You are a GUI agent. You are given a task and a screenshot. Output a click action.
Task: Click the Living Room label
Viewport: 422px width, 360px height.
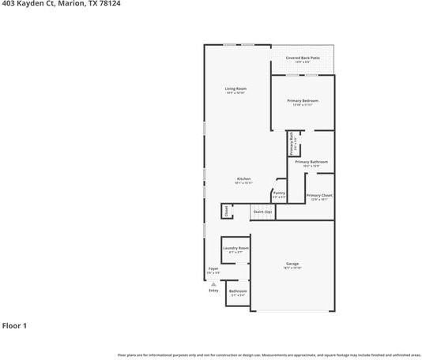235,88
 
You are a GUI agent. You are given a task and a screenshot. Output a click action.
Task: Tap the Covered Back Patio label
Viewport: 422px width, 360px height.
303,58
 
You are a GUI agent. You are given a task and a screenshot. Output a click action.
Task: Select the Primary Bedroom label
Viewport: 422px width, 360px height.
303,100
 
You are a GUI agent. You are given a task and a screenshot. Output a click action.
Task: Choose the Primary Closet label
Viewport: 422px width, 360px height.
319,195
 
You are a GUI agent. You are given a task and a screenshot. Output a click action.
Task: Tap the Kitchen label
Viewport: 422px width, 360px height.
243,178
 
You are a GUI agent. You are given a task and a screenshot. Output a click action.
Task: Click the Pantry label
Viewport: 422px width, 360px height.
279,192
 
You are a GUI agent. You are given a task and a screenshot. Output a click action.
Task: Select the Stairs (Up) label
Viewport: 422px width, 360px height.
262,212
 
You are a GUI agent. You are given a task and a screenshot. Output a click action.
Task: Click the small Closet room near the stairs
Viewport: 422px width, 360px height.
226,211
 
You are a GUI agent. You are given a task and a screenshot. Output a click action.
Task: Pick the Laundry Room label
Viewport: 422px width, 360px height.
235,248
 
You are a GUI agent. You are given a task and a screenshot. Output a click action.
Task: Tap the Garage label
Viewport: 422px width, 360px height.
292,263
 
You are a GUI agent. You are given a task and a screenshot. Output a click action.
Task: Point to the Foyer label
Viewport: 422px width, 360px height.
213,268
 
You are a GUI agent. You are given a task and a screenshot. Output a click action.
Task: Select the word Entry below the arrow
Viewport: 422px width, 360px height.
213,291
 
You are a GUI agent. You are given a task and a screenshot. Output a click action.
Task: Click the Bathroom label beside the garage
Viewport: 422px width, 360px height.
238,291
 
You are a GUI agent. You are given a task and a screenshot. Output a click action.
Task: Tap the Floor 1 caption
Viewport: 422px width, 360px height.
14,324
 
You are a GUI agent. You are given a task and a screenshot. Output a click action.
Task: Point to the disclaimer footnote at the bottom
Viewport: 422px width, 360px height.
269,355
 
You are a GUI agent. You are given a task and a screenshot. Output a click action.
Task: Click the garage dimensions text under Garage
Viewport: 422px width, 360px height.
292,268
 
